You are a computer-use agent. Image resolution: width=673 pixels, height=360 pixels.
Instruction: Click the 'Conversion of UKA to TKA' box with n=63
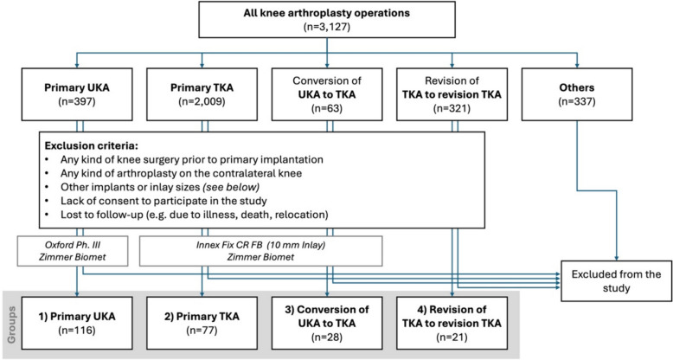coord(329,96)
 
